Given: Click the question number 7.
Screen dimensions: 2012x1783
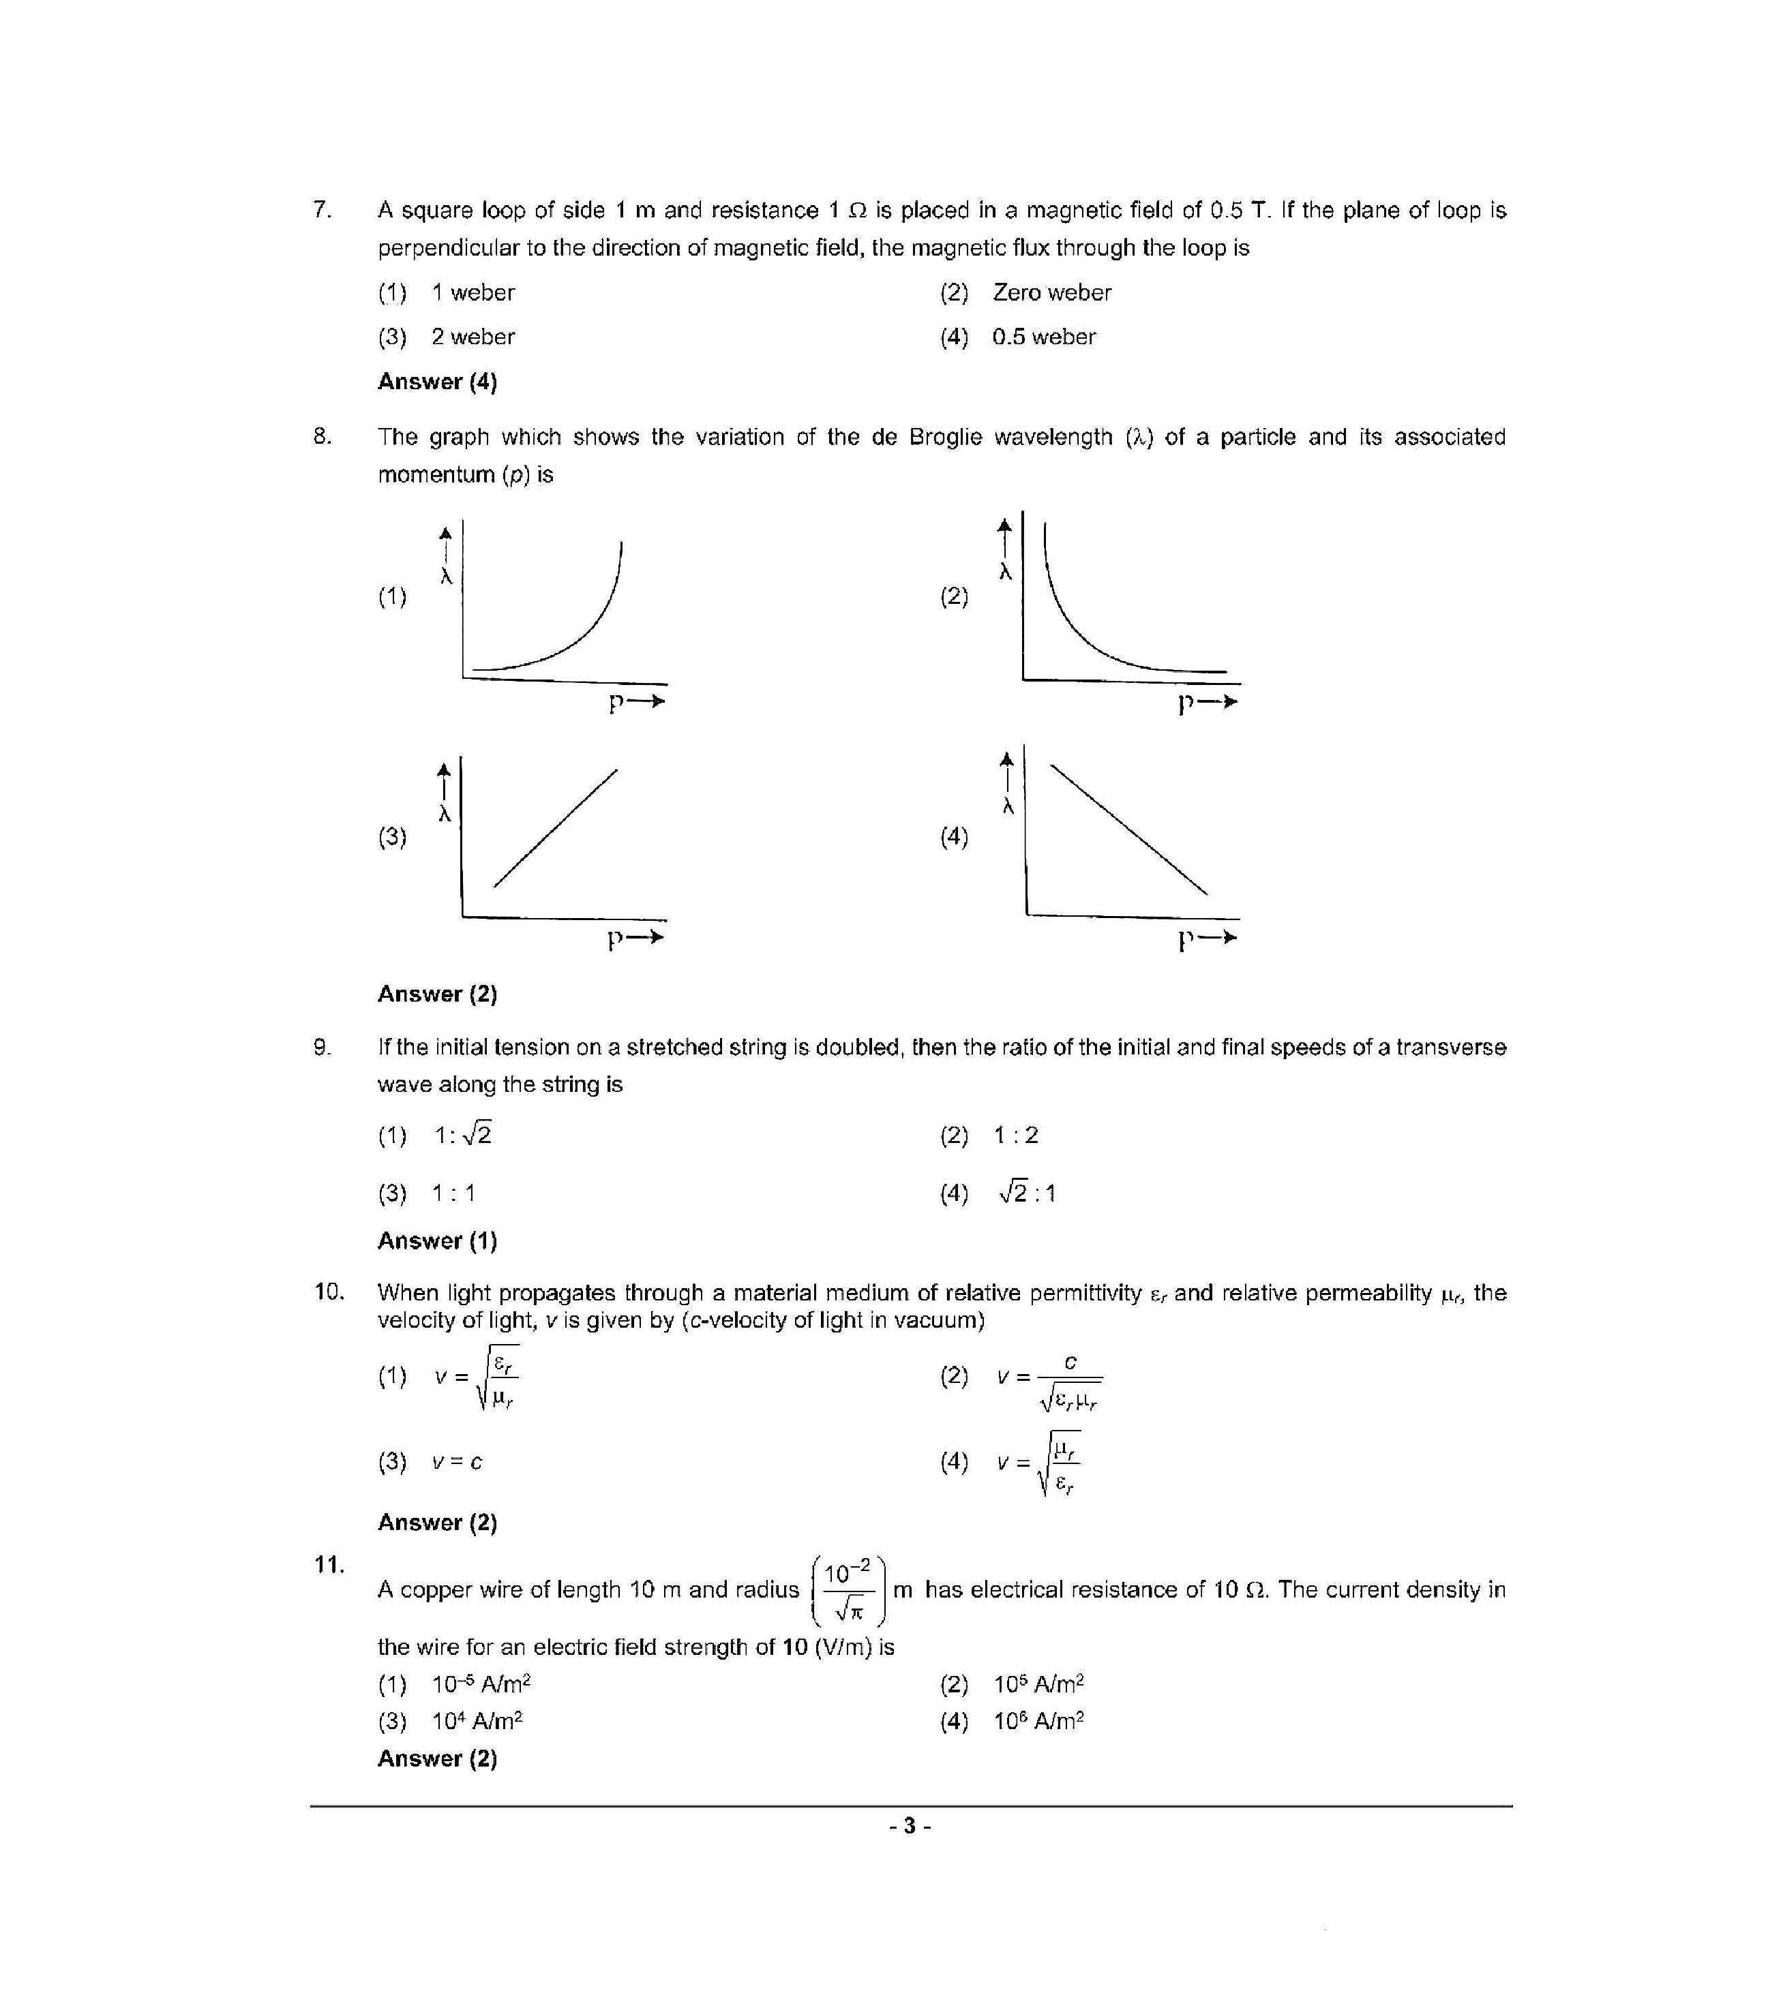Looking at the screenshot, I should tap(321, 210).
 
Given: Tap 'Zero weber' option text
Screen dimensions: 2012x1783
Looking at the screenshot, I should tap(1051, 292).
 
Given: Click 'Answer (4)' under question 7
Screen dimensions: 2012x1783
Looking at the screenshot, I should tap(437, 382).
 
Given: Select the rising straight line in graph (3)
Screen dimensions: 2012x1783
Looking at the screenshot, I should tap(555, 828).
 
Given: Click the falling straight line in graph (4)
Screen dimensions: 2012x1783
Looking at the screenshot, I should tap(1128, 829).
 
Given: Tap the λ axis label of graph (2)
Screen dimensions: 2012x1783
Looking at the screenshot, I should tap(1005, 572).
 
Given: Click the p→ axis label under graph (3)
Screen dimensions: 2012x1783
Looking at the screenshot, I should tap(635, 938).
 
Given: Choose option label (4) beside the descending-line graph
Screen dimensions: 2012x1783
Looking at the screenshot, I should tap(953, 837).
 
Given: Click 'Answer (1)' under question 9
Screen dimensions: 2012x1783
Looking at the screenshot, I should tap(437, 1241).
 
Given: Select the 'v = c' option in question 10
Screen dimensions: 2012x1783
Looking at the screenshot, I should tap(457, 1463).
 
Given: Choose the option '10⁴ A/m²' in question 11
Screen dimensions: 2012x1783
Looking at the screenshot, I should tap(477, 1722).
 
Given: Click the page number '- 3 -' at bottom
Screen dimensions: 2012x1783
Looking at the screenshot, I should tap(910, 1827).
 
